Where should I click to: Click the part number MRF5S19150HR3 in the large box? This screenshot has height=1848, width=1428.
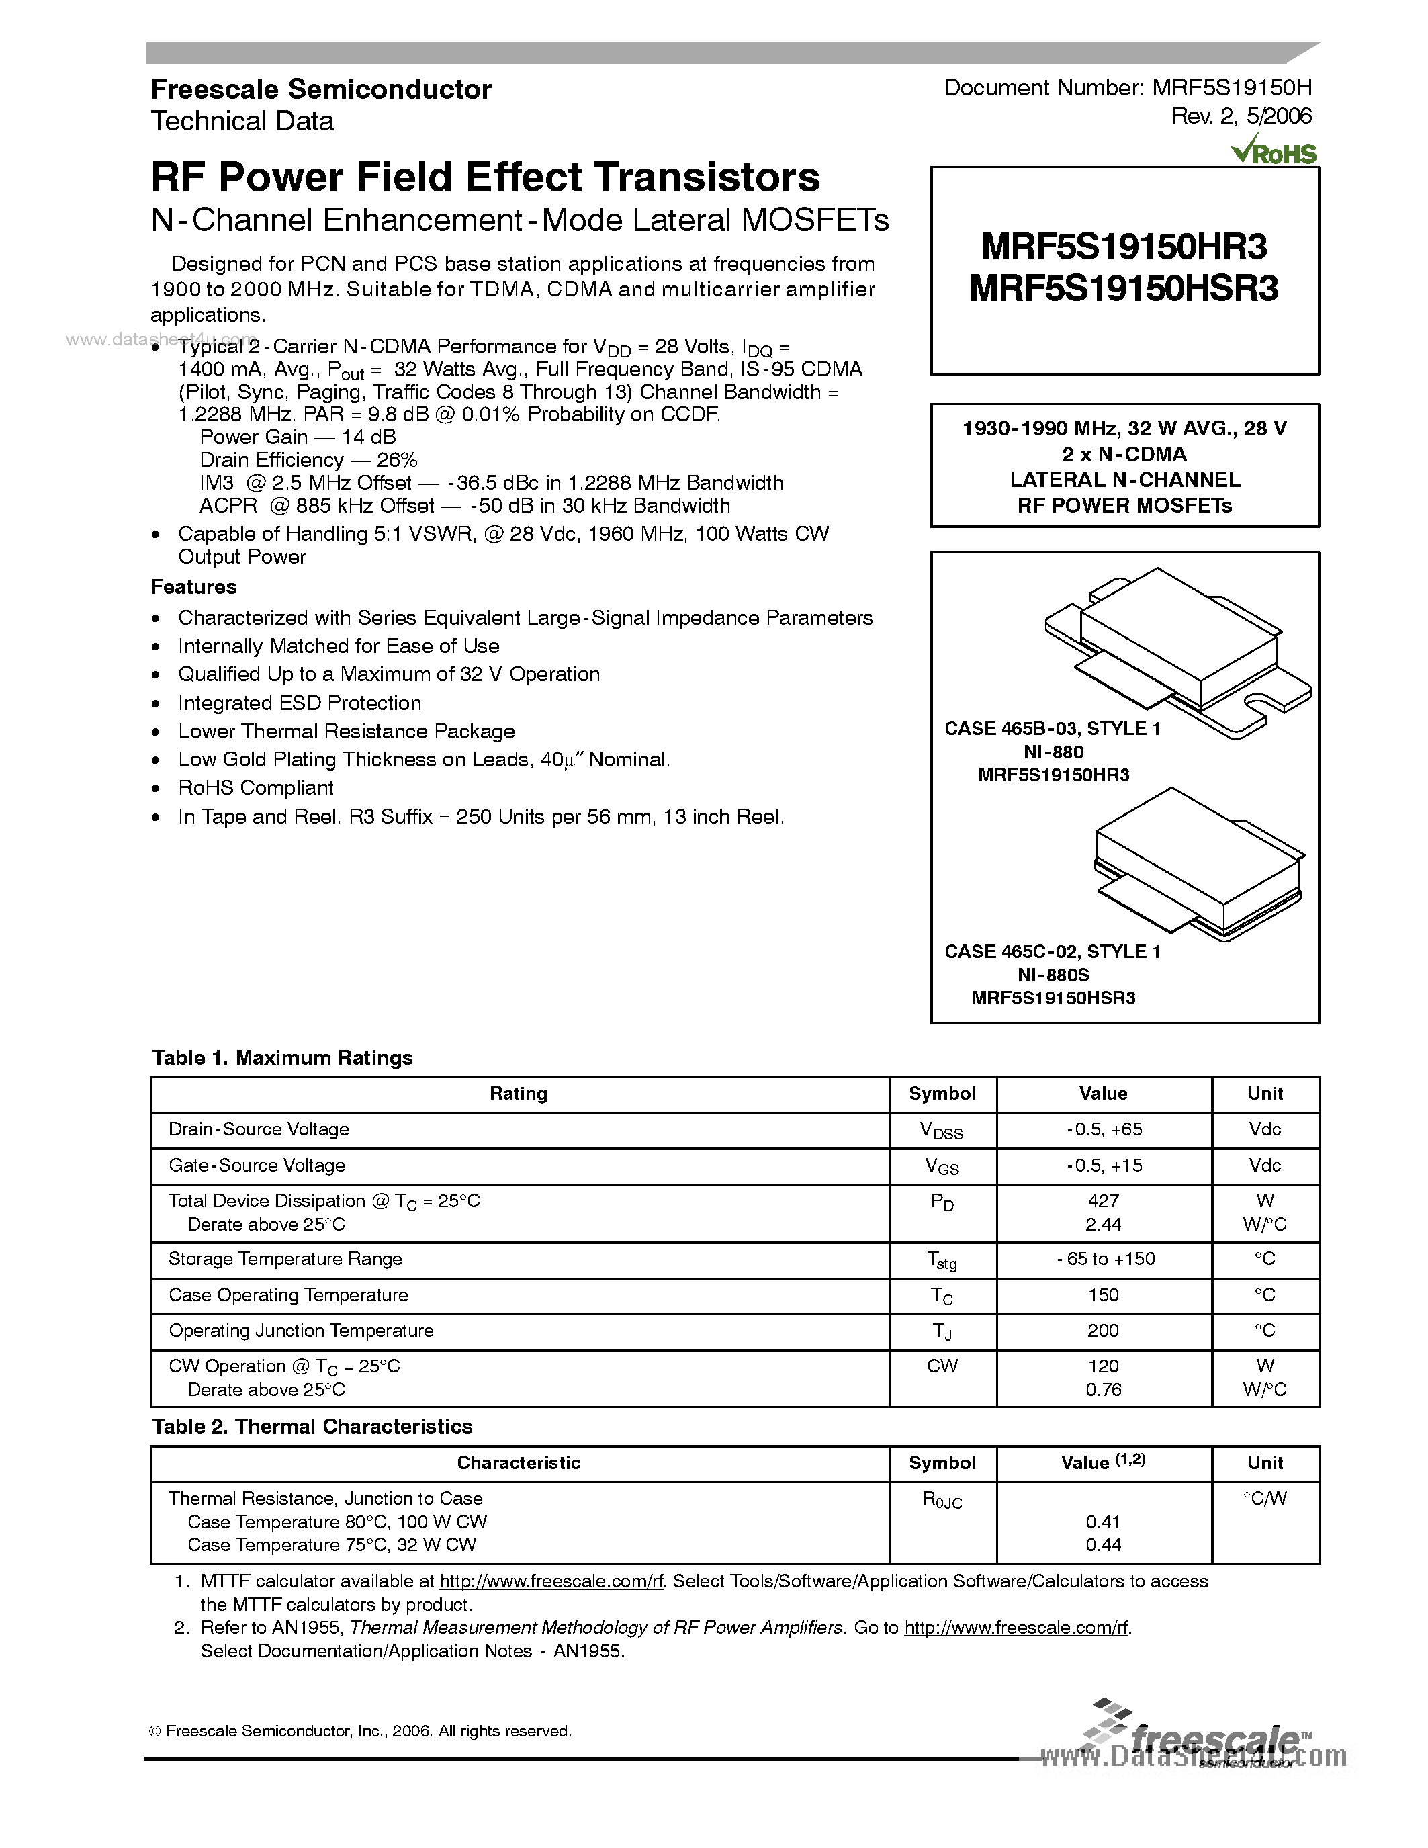coord(1124,247)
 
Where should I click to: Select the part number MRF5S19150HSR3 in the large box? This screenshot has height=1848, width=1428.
coord(1124,290)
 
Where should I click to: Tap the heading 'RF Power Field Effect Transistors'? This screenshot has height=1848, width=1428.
coord(485,178)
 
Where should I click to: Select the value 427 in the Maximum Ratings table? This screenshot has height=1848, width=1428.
coord(1103,1200)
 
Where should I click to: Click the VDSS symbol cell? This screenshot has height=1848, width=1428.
coord(942,1131)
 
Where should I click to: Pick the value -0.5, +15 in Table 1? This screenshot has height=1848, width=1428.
coord(1103,1165)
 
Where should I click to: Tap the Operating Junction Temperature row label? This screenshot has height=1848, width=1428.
coord(300,1330)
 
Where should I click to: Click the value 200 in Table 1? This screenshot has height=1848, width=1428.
coord(1103,1330)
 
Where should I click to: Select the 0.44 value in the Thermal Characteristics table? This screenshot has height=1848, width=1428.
coord(1103,1544)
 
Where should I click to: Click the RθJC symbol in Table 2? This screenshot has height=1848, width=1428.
coord(942,1500)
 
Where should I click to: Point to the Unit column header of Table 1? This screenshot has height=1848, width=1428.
coord(1265,1093)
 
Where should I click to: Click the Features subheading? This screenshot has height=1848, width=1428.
coord(193,586)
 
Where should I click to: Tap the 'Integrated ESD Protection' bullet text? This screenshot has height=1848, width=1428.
coord(300,703)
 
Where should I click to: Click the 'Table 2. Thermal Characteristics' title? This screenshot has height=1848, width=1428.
coord(312,1427)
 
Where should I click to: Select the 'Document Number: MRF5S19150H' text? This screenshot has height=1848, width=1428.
coord(1127,88)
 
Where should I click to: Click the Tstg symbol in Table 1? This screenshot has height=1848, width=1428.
coord(942,1261)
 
